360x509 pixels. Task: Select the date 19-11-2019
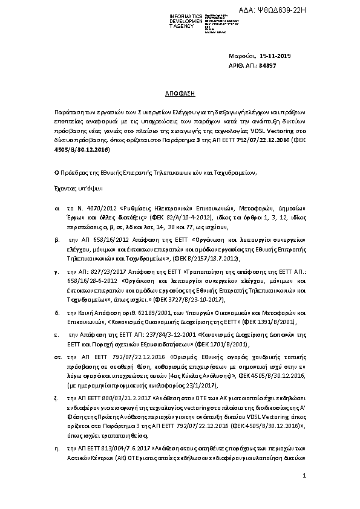click(x=276, y=57)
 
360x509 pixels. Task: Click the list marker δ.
click(x=56, y=313)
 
